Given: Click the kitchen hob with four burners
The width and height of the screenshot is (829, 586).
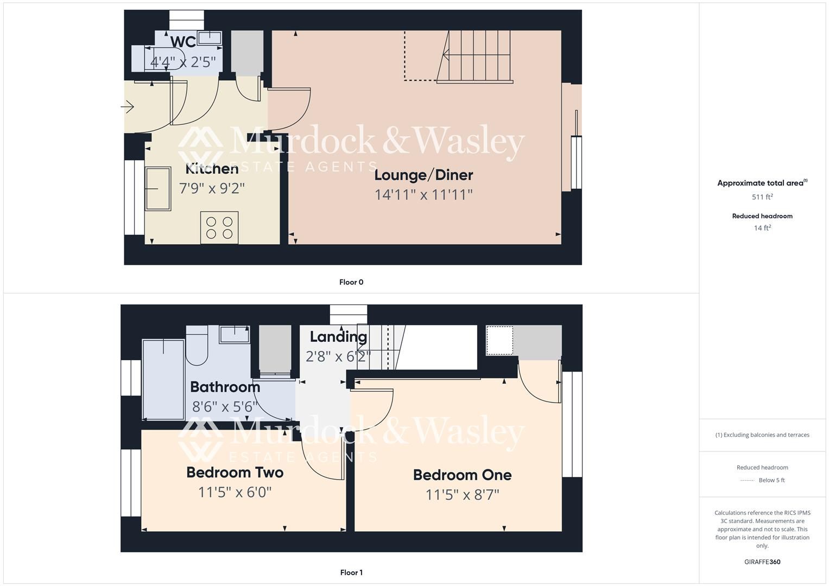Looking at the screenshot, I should coord(219,228).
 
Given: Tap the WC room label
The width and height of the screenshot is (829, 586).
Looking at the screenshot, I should coord(183,42).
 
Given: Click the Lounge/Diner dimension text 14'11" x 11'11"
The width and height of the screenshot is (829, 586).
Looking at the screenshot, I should coord(423,195).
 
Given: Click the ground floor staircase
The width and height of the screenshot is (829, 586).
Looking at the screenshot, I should coord(474,56).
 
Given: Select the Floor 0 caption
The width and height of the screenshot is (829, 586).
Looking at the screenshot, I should coord(351,282).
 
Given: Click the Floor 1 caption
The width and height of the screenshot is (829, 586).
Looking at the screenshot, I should coord(351,572).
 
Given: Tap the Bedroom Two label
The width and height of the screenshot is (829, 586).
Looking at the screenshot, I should coord(235,473).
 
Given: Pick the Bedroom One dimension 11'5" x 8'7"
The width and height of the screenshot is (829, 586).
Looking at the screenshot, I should coord(462,495).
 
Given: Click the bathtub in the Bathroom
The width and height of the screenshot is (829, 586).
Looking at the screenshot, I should coord(163,379).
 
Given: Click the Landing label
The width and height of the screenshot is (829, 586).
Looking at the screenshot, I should coord(338,337).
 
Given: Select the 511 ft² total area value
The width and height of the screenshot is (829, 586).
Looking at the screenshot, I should coord(762,197).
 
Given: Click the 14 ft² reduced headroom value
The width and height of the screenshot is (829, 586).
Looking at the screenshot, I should coord(762,228).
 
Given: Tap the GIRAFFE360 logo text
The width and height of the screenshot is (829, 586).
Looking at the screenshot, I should coord(762,562).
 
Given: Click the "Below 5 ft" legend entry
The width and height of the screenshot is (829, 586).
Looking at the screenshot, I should coord(771,480).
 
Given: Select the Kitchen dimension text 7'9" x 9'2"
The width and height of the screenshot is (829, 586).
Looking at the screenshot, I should coord(212,188).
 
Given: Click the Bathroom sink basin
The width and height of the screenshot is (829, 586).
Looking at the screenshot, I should coord(235,334).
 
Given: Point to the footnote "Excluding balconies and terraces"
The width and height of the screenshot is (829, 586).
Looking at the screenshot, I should coord(762,435).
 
